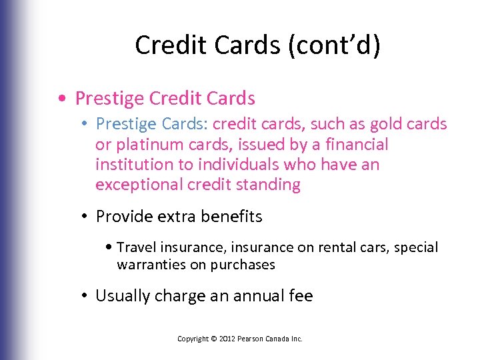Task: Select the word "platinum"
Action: point(149,144)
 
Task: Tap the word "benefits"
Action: point(230,217)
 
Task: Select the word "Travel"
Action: point(135,247)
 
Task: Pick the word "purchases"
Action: point(242,265)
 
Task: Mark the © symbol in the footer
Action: point(213,339)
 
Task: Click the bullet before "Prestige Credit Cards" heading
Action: point(61,99)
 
